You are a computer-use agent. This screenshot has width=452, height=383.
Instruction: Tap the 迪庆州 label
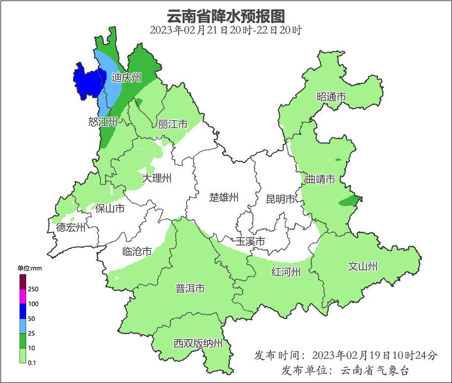(126, 77)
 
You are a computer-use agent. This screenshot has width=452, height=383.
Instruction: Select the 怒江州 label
(103, 122)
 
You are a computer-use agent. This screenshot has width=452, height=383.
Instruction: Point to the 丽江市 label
(173, 124)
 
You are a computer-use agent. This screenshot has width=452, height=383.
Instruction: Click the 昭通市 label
(331, 97)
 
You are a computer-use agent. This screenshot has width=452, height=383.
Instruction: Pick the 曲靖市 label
(320, 179)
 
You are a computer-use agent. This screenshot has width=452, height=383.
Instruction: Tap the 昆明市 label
(280, 199)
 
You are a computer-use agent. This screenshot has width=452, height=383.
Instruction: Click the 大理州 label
(157, 178)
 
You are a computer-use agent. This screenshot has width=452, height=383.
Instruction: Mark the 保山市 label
(110, 209)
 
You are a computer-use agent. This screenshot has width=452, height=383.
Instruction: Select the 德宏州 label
(71, 227)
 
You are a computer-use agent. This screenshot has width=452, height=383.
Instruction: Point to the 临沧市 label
(137, 252)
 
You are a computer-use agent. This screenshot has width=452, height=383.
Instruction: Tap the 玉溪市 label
(250, 242)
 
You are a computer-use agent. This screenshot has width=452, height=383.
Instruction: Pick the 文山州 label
(363, 267)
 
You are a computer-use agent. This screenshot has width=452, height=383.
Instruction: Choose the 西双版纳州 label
(198, 344)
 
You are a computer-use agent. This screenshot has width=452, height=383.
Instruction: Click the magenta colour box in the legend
(23, 296)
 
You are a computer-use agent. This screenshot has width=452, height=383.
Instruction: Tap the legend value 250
(34, 289)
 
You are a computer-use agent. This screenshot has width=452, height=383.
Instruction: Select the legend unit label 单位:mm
(30, 268)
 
